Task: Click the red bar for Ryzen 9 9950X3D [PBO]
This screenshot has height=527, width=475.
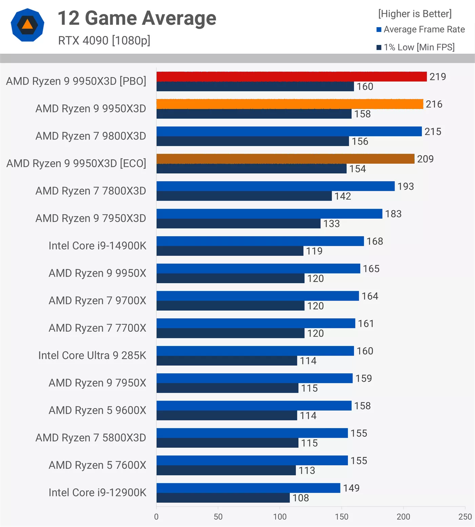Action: pos(292,76)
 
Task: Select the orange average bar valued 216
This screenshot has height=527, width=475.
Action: pos(290,104)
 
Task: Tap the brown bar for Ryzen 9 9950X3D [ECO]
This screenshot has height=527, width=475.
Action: pos(285,159)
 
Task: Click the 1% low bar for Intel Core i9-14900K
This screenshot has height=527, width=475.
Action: pos(230,251)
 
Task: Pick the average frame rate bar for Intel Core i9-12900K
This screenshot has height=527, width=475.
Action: pos(248,488)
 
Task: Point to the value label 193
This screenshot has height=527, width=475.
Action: pos(405,186)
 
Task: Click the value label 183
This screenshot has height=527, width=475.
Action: pos(393,214)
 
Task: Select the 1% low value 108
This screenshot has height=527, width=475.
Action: pos(300,498)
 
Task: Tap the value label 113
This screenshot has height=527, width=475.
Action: pos(306,470)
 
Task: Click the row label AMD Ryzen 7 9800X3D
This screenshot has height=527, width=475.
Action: pos(91,136)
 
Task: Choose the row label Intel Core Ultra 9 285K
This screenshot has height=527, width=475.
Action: pos(92,356)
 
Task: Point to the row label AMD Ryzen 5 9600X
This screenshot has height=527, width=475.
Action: pos(97,411)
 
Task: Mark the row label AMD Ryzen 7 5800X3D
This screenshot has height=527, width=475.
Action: pos(91,438)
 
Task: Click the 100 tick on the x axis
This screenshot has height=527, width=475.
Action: pos(280,517)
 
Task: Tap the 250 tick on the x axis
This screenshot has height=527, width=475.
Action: pos(465,517)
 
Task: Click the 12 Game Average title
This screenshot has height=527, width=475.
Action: pos(137,18)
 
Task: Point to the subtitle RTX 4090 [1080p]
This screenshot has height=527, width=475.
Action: pos(104,40)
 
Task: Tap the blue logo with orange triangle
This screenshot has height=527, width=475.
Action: pos(27,25)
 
